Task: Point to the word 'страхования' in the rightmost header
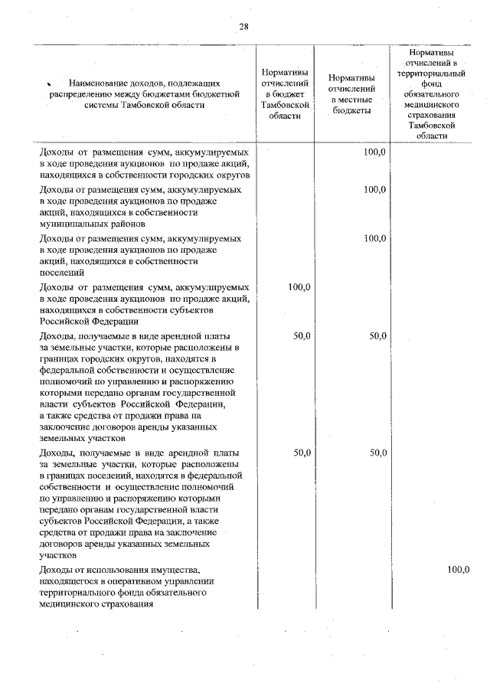click(437, 113)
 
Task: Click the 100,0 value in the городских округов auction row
click(374, 152)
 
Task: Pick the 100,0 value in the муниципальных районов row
click(374, 188)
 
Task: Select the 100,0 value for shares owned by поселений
click(374, 238)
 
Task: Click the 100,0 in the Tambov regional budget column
click(299, 287)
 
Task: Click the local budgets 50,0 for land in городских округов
click(374, 336)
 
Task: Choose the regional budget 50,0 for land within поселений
click(299, 453)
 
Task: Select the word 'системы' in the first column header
click(102, 105)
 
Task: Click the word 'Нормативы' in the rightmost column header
click(437, 51)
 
